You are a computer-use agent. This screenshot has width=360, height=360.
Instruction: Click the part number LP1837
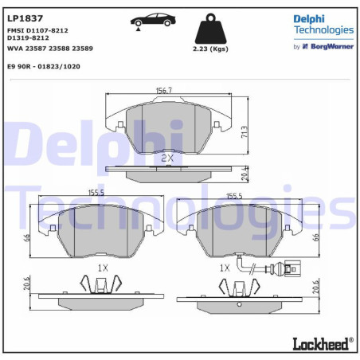point(25,18)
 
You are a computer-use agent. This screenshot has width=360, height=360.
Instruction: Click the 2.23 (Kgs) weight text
point(212,49)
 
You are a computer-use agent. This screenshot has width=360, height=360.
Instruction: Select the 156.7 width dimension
point(165,90)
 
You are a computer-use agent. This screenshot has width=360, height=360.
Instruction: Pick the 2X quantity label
point(167,158)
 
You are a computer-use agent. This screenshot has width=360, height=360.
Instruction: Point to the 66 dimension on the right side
point(316,236)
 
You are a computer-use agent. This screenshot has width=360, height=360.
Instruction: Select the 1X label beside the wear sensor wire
point(225,268)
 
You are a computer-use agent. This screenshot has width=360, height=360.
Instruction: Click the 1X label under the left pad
point(102,268)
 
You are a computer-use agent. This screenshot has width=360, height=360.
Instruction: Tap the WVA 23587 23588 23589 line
point(49,48)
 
